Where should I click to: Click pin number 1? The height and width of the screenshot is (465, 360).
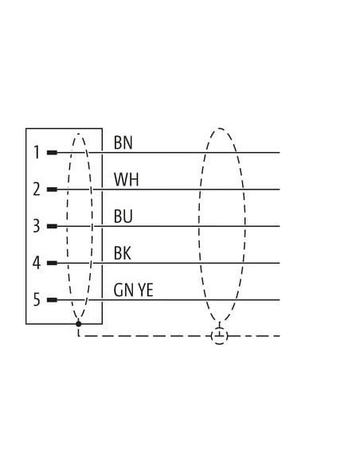(x=37, y=152)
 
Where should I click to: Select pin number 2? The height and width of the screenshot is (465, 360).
(x=37, y=190)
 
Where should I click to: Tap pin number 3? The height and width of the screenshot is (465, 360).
(x=37, y=226)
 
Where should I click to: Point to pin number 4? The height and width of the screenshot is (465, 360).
(x=37, y=263)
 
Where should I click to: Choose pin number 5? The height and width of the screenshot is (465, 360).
(x=37, y=299)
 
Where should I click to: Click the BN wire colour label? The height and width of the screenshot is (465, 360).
(x=123, y=143)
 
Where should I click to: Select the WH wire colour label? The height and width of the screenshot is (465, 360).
(x=127, y=179)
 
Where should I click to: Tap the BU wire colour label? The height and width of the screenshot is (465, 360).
(x=123, y=217)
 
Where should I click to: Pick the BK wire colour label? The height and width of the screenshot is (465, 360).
(x=123, y=253)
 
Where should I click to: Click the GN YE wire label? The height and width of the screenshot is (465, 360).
(x=134, y=290)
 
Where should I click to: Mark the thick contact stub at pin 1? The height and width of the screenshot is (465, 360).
(x=53, y=153)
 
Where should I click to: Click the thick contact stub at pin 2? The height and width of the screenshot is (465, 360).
(x=53, y=190)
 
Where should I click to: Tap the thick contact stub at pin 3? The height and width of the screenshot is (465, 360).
(x=53, y=226)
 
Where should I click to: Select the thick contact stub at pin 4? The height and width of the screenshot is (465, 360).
(x=53, y=263)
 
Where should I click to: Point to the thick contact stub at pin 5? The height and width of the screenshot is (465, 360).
(x=53, y=300)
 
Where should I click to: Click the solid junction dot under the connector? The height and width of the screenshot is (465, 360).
(x=79, y=324)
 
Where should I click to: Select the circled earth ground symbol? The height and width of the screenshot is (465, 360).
(x=220, y=336)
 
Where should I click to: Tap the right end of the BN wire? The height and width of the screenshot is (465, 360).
(x=280, y=153)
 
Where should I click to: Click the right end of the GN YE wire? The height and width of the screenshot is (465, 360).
(x=280, y=300)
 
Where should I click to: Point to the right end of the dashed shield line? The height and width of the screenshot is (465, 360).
(x=280, y=336)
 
